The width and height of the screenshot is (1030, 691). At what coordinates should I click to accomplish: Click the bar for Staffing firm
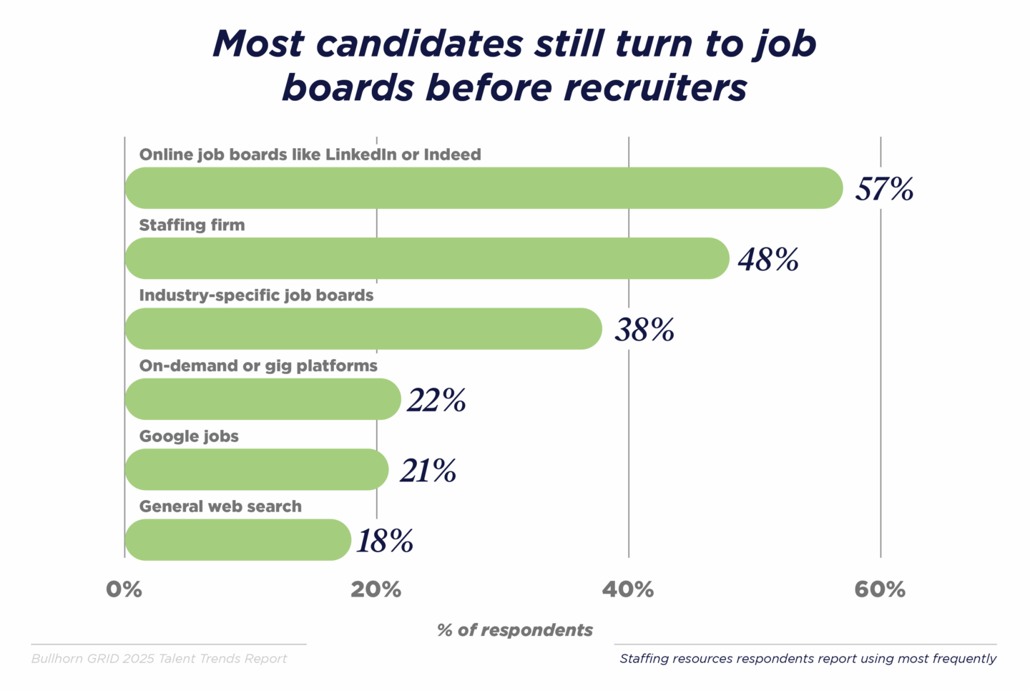click(x=427, y=258)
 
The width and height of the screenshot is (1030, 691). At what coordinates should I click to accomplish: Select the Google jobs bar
click(x=257, y=469)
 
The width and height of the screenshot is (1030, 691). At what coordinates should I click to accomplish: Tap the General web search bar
click(x=238, y=539)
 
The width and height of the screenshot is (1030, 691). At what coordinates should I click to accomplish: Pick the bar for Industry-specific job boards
click(x=363, y=329)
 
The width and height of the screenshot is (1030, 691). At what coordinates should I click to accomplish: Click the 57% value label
click(x=884, y=189)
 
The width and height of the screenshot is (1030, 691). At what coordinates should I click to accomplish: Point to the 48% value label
click(x=768, y=259)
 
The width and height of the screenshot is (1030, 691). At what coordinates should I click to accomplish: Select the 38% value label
click(x=644, y=330)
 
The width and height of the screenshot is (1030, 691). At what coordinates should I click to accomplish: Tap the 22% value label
click(x=436, y=400)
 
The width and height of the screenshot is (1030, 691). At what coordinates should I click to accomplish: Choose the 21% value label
click(x=428, y=471)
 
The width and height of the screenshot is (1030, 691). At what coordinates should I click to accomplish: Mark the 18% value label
click(x=385, y=541)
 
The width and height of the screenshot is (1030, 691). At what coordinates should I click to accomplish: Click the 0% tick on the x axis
click(x=124, y=589)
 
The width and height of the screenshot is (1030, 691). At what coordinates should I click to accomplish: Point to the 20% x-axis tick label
click(x=376, y=589)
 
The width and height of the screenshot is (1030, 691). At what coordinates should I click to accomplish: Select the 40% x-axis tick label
click(x=628, y=589)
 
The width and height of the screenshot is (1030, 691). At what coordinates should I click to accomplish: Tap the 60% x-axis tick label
click(x=880, y=589)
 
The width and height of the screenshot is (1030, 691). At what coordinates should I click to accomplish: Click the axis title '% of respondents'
click(x=515, y=630)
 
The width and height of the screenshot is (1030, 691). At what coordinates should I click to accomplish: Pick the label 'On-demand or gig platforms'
click(x=258, y=366)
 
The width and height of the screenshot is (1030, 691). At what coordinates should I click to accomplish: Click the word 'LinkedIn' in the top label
click(x=360, y=155)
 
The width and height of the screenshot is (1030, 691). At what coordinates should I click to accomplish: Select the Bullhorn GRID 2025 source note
click(x=159, y=659)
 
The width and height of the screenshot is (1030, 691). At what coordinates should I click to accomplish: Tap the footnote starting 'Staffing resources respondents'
click(x=808, y=659)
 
